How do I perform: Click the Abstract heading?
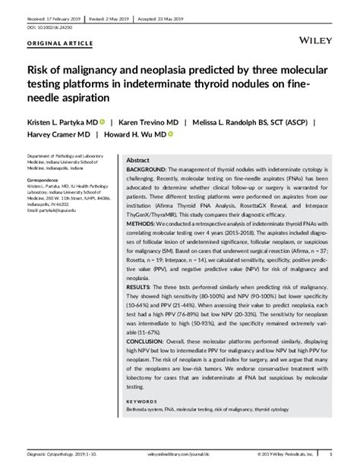pos(137,161)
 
